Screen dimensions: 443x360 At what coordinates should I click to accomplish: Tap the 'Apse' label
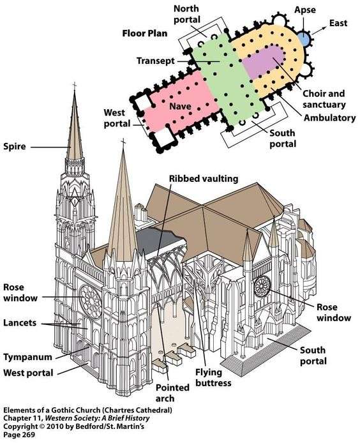pyautogui.click(x=304, y=11)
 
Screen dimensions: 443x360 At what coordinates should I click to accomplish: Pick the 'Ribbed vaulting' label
pyautogui.click(x=204, y=179)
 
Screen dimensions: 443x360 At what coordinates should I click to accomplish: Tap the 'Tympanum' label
pyautogui.click(x=27, y=357)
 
